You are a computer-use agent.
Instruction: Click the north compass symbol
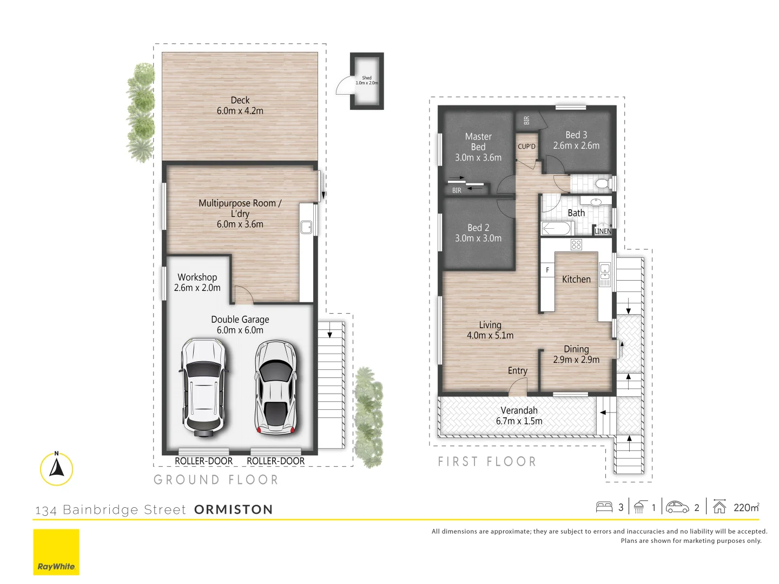pos(56,468)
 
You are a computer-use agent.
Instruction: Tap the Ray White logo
pos(56,552)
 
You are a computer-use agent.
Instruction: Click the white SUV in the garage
pos(202,387)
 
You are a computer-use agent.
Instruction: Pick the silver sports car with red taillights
pos(276,387)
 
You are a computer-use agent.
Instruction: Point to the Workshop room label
pos(197,277)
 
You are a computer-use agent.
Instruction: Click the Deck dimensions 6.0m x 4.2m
pos(240,111)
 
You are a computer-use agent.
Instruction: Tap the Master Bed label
pos(478,142)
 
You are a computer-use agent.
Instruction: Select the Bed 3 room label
pos(576,135)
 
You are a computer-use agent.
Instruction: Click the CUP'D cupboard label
pos(526,147)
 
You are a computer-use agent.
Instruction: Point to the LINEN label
pos(603,231)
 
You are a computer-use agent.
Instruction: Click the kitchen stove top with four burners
pos(576,245)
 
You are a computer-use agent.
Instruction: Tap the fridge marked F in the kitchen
pos(547,270)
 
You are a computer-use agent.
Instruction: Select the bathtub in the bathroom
pos(556,229)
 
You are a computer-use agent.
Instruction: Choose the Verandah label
pos(519,410)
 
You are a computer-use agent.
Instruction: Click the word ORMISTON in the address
pos(233,509)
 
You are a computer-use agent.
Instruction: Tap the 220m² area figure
pos(746,507)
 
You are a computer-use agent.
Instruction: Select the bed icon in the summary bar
pos(604,507)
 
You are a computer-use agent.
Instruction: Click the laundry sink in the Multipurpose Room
pos(306,228)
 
